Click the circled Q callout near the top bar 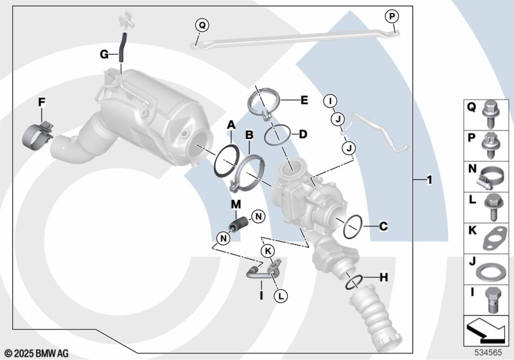[202, 25]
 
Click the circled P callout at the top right [392, 16]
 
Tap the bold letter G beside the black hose [103, 55]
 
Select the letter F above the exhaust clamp [41, 102]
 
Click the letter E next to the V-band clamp [304, 100]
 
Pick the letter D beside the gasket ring [303, 134]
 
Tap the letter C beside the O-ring [382, 226]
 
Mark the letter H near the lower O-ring [383, 278]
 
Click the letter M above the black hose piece [236, 204]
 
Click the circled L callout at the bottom [280, 296]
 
